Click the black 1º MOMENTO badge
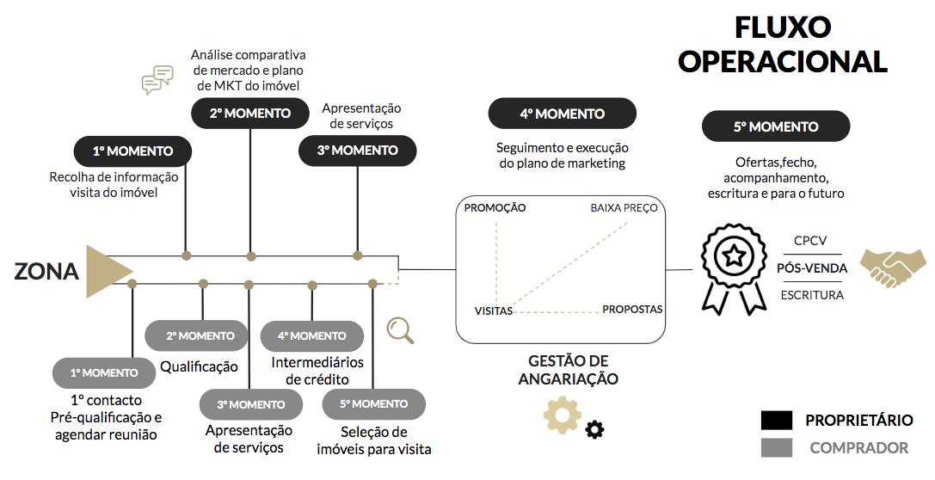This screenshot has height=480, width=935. pos(132,151)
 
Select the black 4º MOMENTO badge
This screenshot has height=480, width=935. pos(562,114)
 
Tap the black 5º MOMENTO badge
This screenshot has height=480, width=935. pos(775,127)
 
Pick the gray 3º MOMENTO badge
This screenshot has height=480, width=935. pos(251,404)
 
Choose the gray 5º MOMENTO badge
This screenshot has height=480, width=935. pos(373,404)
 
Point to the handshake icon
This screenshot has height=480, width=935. pos(893,268)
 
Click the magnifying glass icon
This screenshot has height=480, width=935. pos(400,329)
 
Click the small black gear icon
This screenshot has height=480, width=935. pos(594,429)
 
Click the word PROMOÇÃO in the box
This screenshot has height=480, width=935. pos(495,208)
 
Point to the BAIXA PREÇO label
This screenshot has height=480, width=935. pos(624,208)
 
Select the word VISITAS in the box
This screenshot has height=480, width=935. pos(494,311)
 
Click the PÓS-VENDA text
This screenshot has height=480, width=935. pos(812,268)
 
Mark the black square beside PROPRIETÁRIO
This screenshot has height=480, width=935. pos(777,420)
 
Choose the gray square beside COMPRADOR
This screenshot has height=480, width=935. pos(777,447)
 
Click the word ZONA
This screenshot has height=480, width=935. pos(46,272)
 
